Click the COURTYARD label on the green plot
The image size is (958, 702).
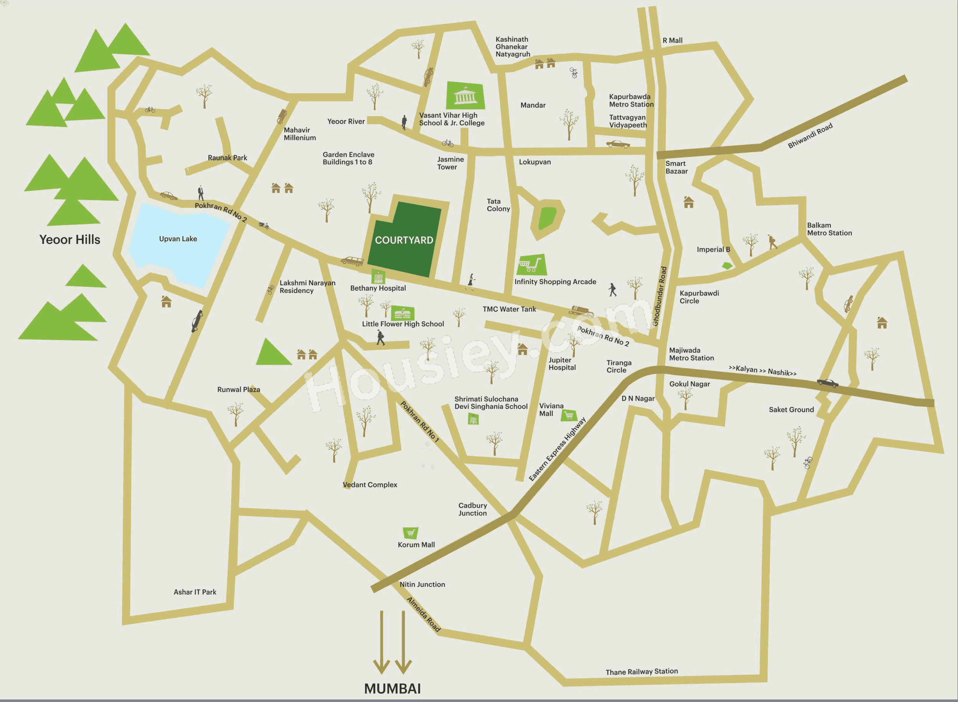pyautogui.click(x=404, y=240)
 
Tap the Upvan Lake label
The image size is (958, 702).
pyautogui.click(x=178, y=239)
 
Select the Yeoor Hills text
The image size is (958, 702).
pyautogui.click(x=70, y=240)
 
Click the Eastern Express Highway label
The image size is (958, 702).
pyautogui.click(x=557, y=449)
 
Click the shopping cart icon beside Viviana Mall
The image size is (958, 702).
pyautogui.click(x=568, y=415)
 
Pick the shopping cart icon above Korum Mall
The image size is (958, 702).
pyautogui.click(x=410, y=533)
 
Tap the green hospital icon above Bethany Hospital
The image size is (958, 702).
pyautogui.click(x=378, y=277)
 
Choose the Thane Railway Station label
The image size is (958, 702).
pyautogui.click(x=641, y=671)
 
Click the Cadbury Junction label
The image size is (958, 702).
pyautogui.click(x=472, y=509)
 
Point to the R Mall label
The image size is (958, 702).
pyautogui.click(x=672, y=40)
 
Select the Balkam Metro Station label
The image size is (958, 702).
pyautogui.click(x=829, y=229)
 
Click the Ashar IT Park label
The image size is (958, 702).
pyautogui.click(x=195, y=592)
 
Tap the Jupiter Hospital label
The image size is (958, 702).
pyautogui.click(x=562, y=364)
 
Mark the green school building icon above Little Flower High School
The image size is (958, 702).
pyautogui.click(x=402, y=313)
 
